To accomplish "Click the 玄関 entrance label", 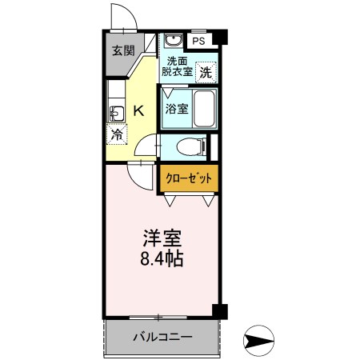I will (x=122, y=51).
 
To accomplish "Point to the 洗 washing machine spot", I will (x=206, y=71).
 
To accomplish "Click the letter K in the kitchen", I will (x=138, y=110).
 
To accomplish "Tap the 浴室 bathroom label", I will (x=177, y=109).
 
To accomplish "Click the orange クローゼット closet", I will (x=189, y=178).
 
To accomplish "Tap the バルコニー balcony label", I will (x=162, y=337).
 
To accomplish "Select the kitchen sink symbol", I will (x=114, y=110).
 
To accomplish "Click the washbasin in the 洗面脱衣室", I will (x=172, y=42).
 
